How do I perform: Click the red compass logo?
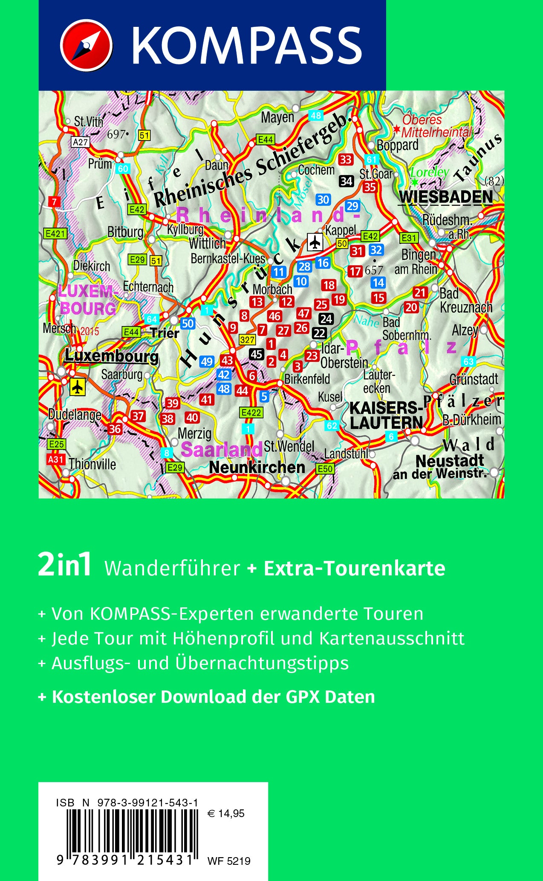pyautogui.click(x=86, y=45)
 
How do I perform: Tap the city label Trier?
pyautogui.click(x=165, y=333)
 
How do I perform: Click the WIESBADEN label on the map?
pyautogui.click(x=446, y=197)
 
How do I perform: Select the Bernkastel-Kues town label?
pyautogui.click(x=228, y=258)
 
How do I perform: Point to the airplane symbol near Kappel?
pyautogui.click(x=315, y=242)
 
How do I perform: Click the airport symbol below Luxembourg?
pyautogui.click(x=77, y=387)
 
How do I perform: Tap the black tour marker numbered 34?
pyautogui.click(x=346, y=181)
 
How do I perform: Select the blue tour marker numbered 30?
pyautogui.click(x=323, y=199)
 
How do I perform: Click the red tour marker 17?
pyautogui.click(x=355, y=271)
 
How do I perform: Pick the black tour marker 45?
pyautogui.click(x=256, y=354)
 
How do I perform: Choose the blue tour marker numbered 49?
pyautogui.click(x=206, y=362)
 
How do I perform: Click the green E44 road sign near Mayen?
pyautogui.click(x=265, y=139)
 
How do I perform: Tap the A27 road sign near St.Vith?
pyautogui.click(x=80, y=142)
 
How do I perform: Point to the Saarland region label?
pyautogui.click(x=221, y=449)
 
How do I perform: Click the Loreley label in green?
pyautogui.click(x=429, y=173)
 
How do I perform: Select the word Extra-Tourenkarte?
pyautogui.click(x=355, y=568)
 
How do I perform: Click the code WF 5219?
pyautogui.click(x=229, y=861)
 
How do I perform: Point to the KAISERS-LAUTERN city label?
pyautogui.click(x=386, y=415)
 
